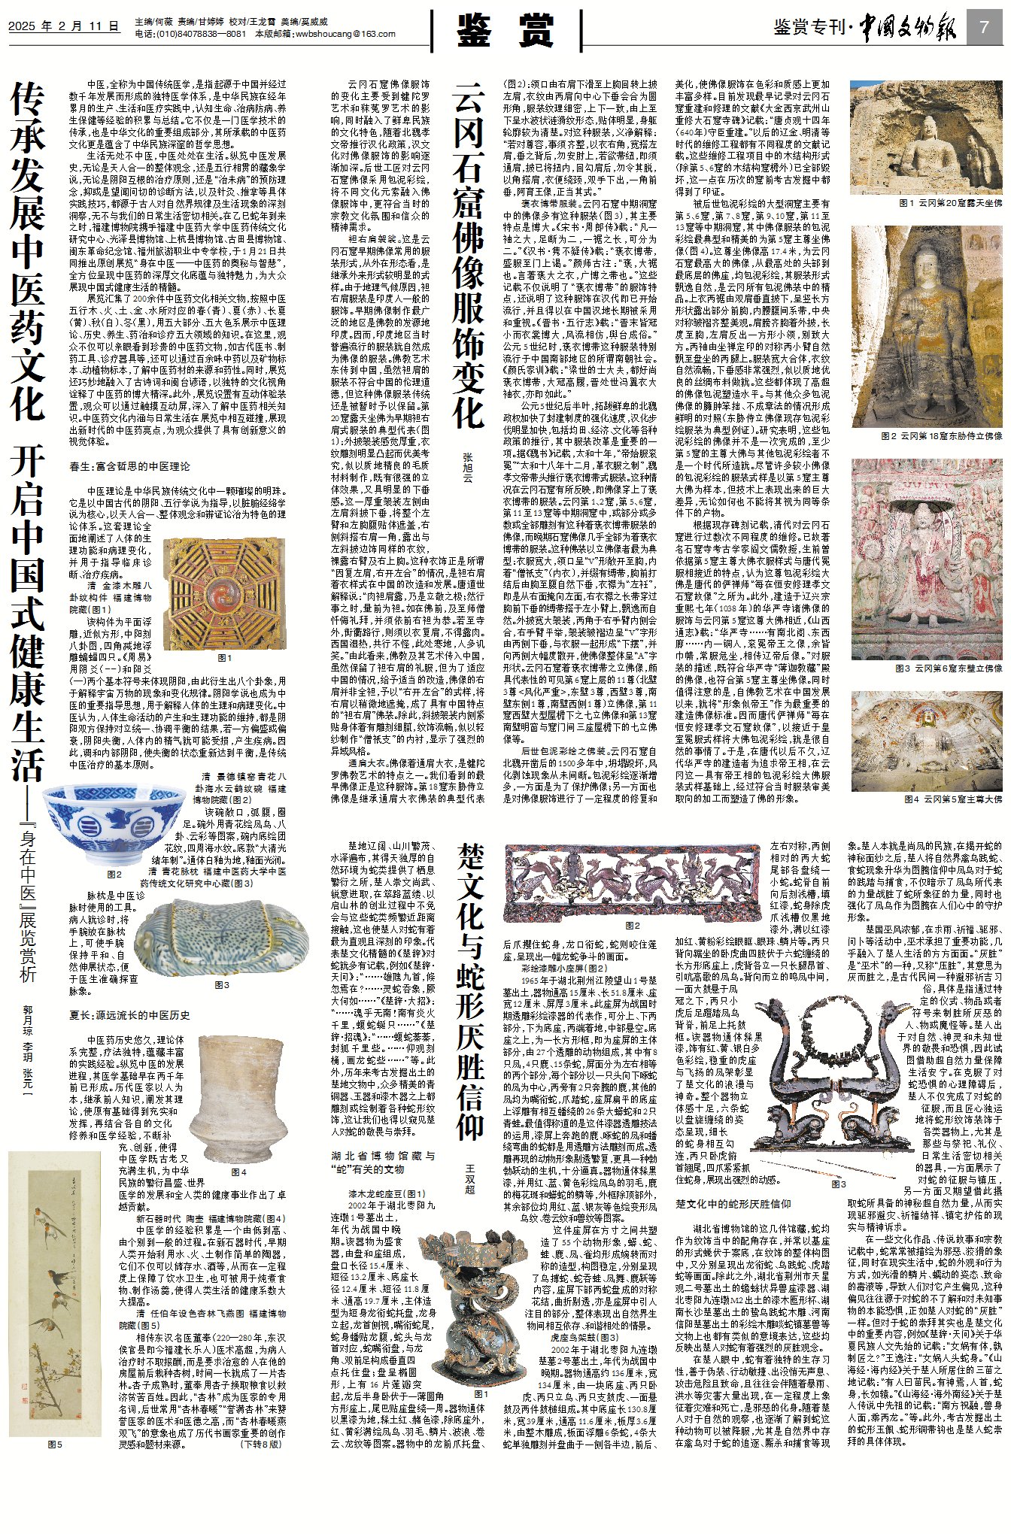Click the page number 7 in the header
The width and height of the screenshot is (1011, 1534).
[x=984, y=27]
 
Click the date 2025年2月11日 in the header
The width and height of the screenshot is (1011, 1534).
[x=64, y=26]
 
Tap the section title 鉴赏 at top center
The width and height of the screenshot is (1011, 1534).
[x=506, y=32]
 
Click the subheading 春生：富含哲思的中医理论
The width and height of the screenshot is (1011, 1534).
[x=130, y=466]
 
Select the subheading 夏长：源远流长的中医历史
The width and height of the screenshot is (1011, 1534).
[x=130, y=1015]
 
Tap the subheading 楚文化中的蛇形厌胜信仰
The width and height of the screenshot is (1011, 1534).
[x=733, y=1204]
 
